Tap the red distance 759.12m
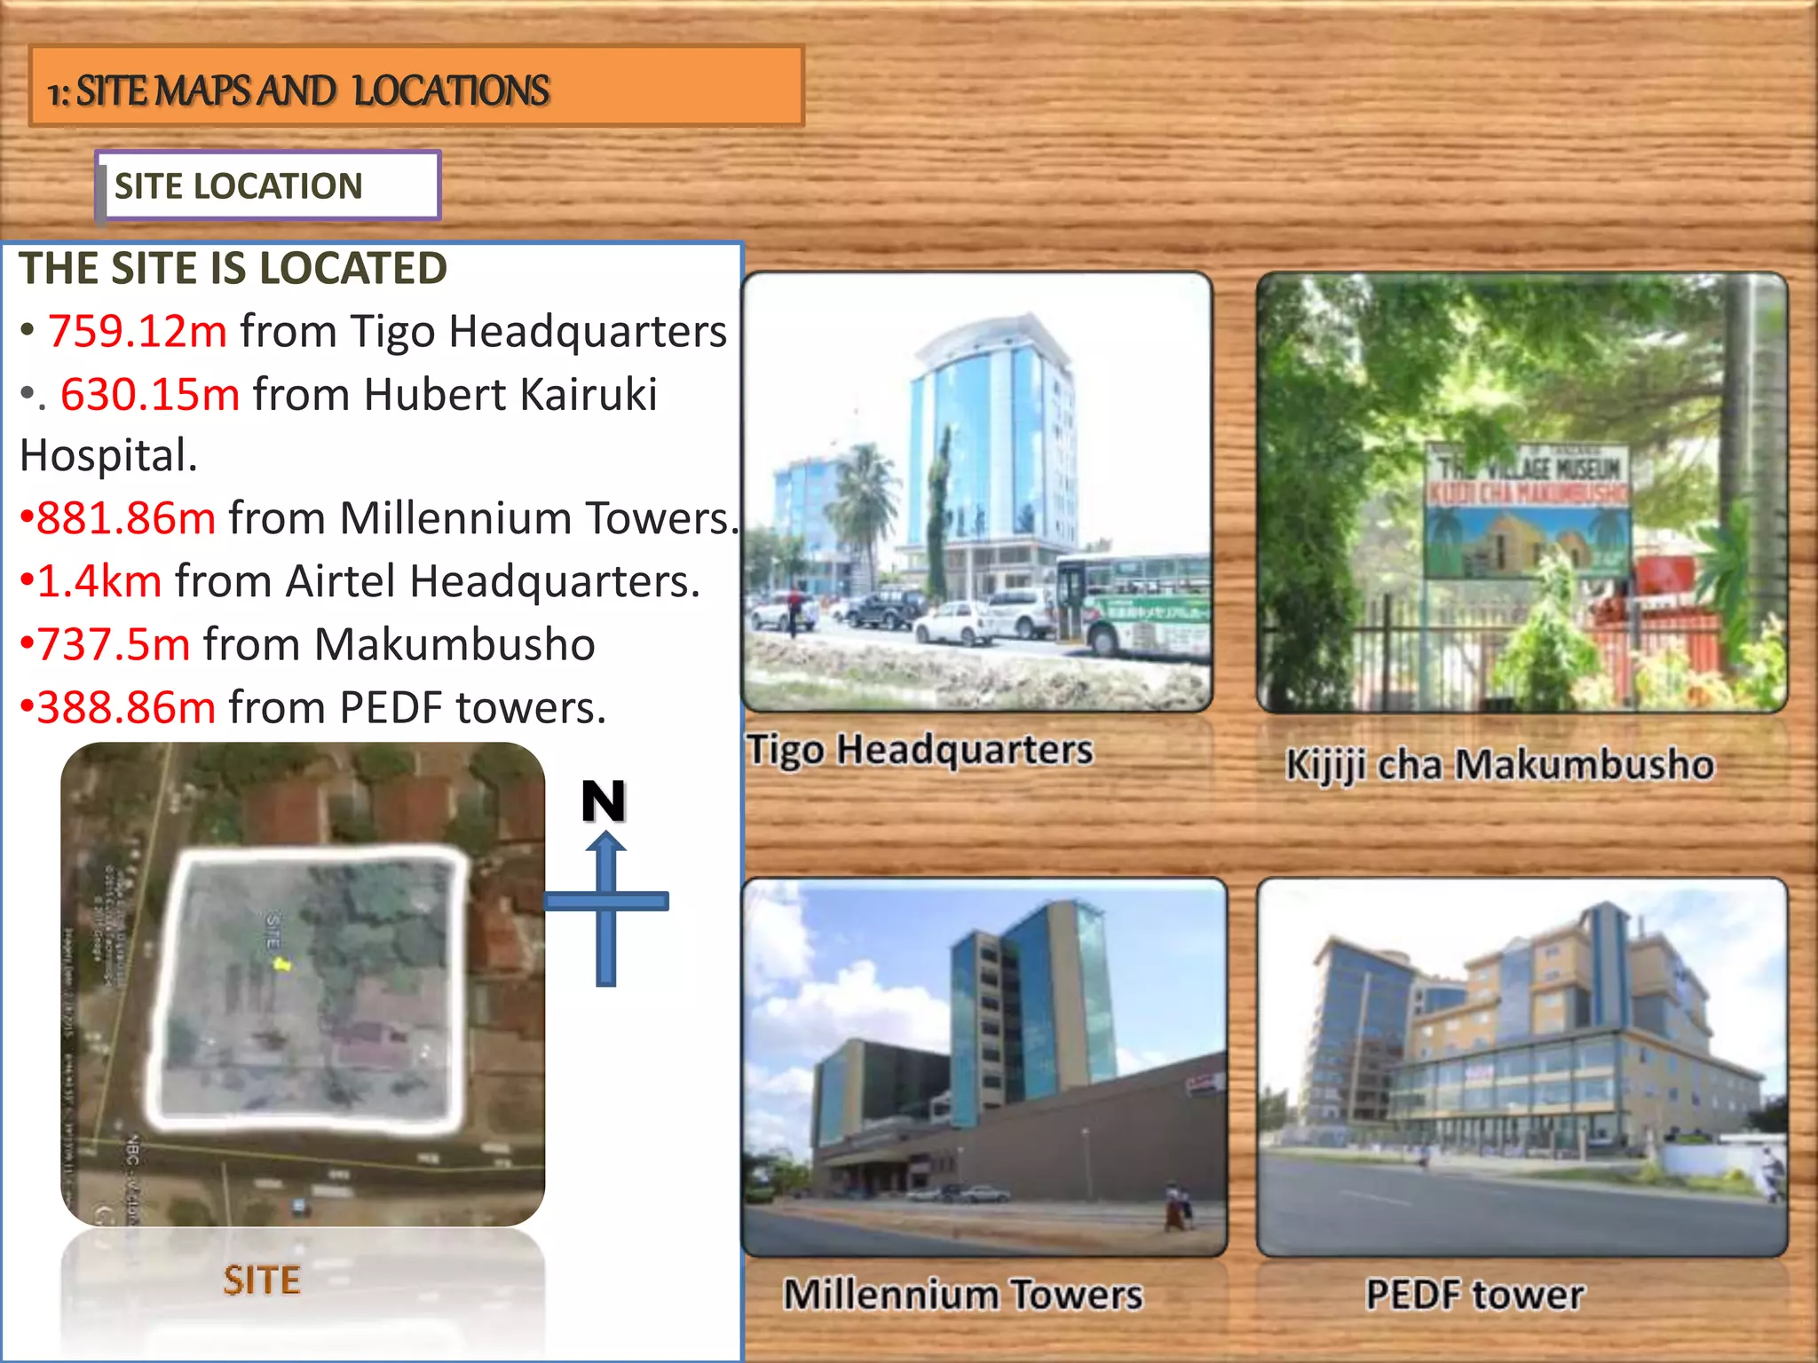[138, 331]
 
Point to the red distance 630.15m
[150, 394]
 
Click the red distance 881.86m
[126, 518]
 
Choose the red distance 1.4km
[99, 581]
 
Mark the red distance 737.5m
[114, 644]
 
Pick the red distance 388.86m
[126, 708]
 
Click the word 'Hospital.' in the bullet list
[108, 456]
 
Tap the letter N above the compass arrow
[604, 801]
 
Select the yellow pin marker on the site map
[281, 963]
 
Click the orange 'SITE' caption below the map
[262, 1280]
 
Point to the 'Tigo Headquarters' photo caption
[920, 750]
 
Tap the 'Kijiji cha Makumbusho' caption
[1499, 765]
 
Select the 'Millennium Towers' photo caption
[963, 1295]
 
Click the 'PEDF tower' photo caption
[1474, 1295]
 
